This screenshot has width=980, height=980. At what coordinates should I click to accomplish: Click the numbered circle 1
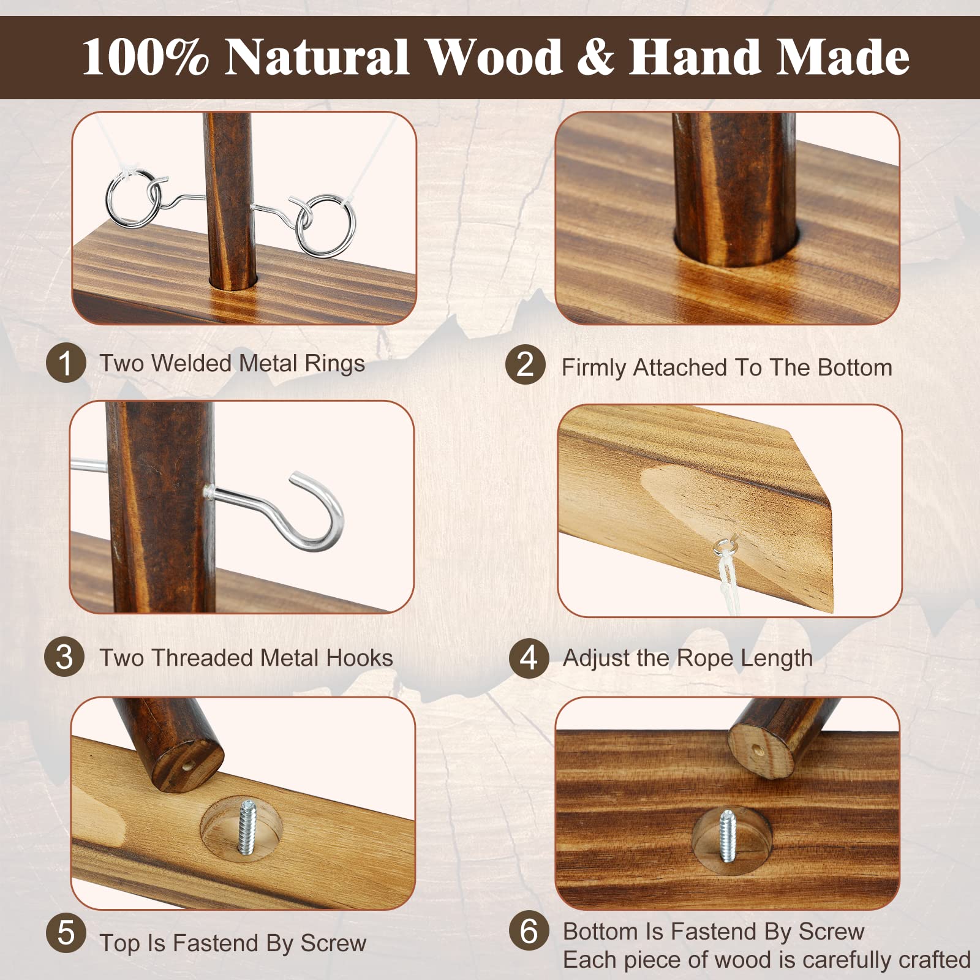[66, 363]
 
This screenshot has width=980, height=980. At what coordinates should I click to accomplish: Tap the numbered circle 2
[526, 364]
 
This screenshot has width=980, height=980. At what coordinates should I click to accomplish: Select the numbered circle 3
[64, 657]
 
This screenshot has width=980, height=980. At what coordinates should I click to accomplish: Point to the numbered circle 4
[529, 658]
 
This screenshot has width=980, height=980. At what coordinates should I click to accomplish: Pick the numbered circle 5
[66, 933]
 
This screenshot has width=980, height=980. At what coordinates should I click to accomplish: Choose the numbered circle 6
[529, 930]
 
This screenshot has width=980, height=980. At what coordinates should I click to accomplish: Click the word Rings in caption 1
[334, 364]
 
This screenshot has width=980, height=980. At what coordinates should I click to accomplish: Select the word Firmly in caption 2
[594, 369]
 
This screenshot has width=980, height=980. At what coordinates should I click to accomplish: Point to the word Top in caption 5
[120, 944]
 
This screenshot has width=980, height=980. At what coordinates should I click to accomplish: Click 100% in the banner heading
[145, 57]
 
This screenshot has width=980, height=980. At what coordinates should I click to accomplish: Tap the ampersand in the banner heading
[594, 57]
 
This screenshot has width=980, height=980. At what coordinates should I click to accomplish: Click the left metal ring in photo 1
[134, 198]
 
